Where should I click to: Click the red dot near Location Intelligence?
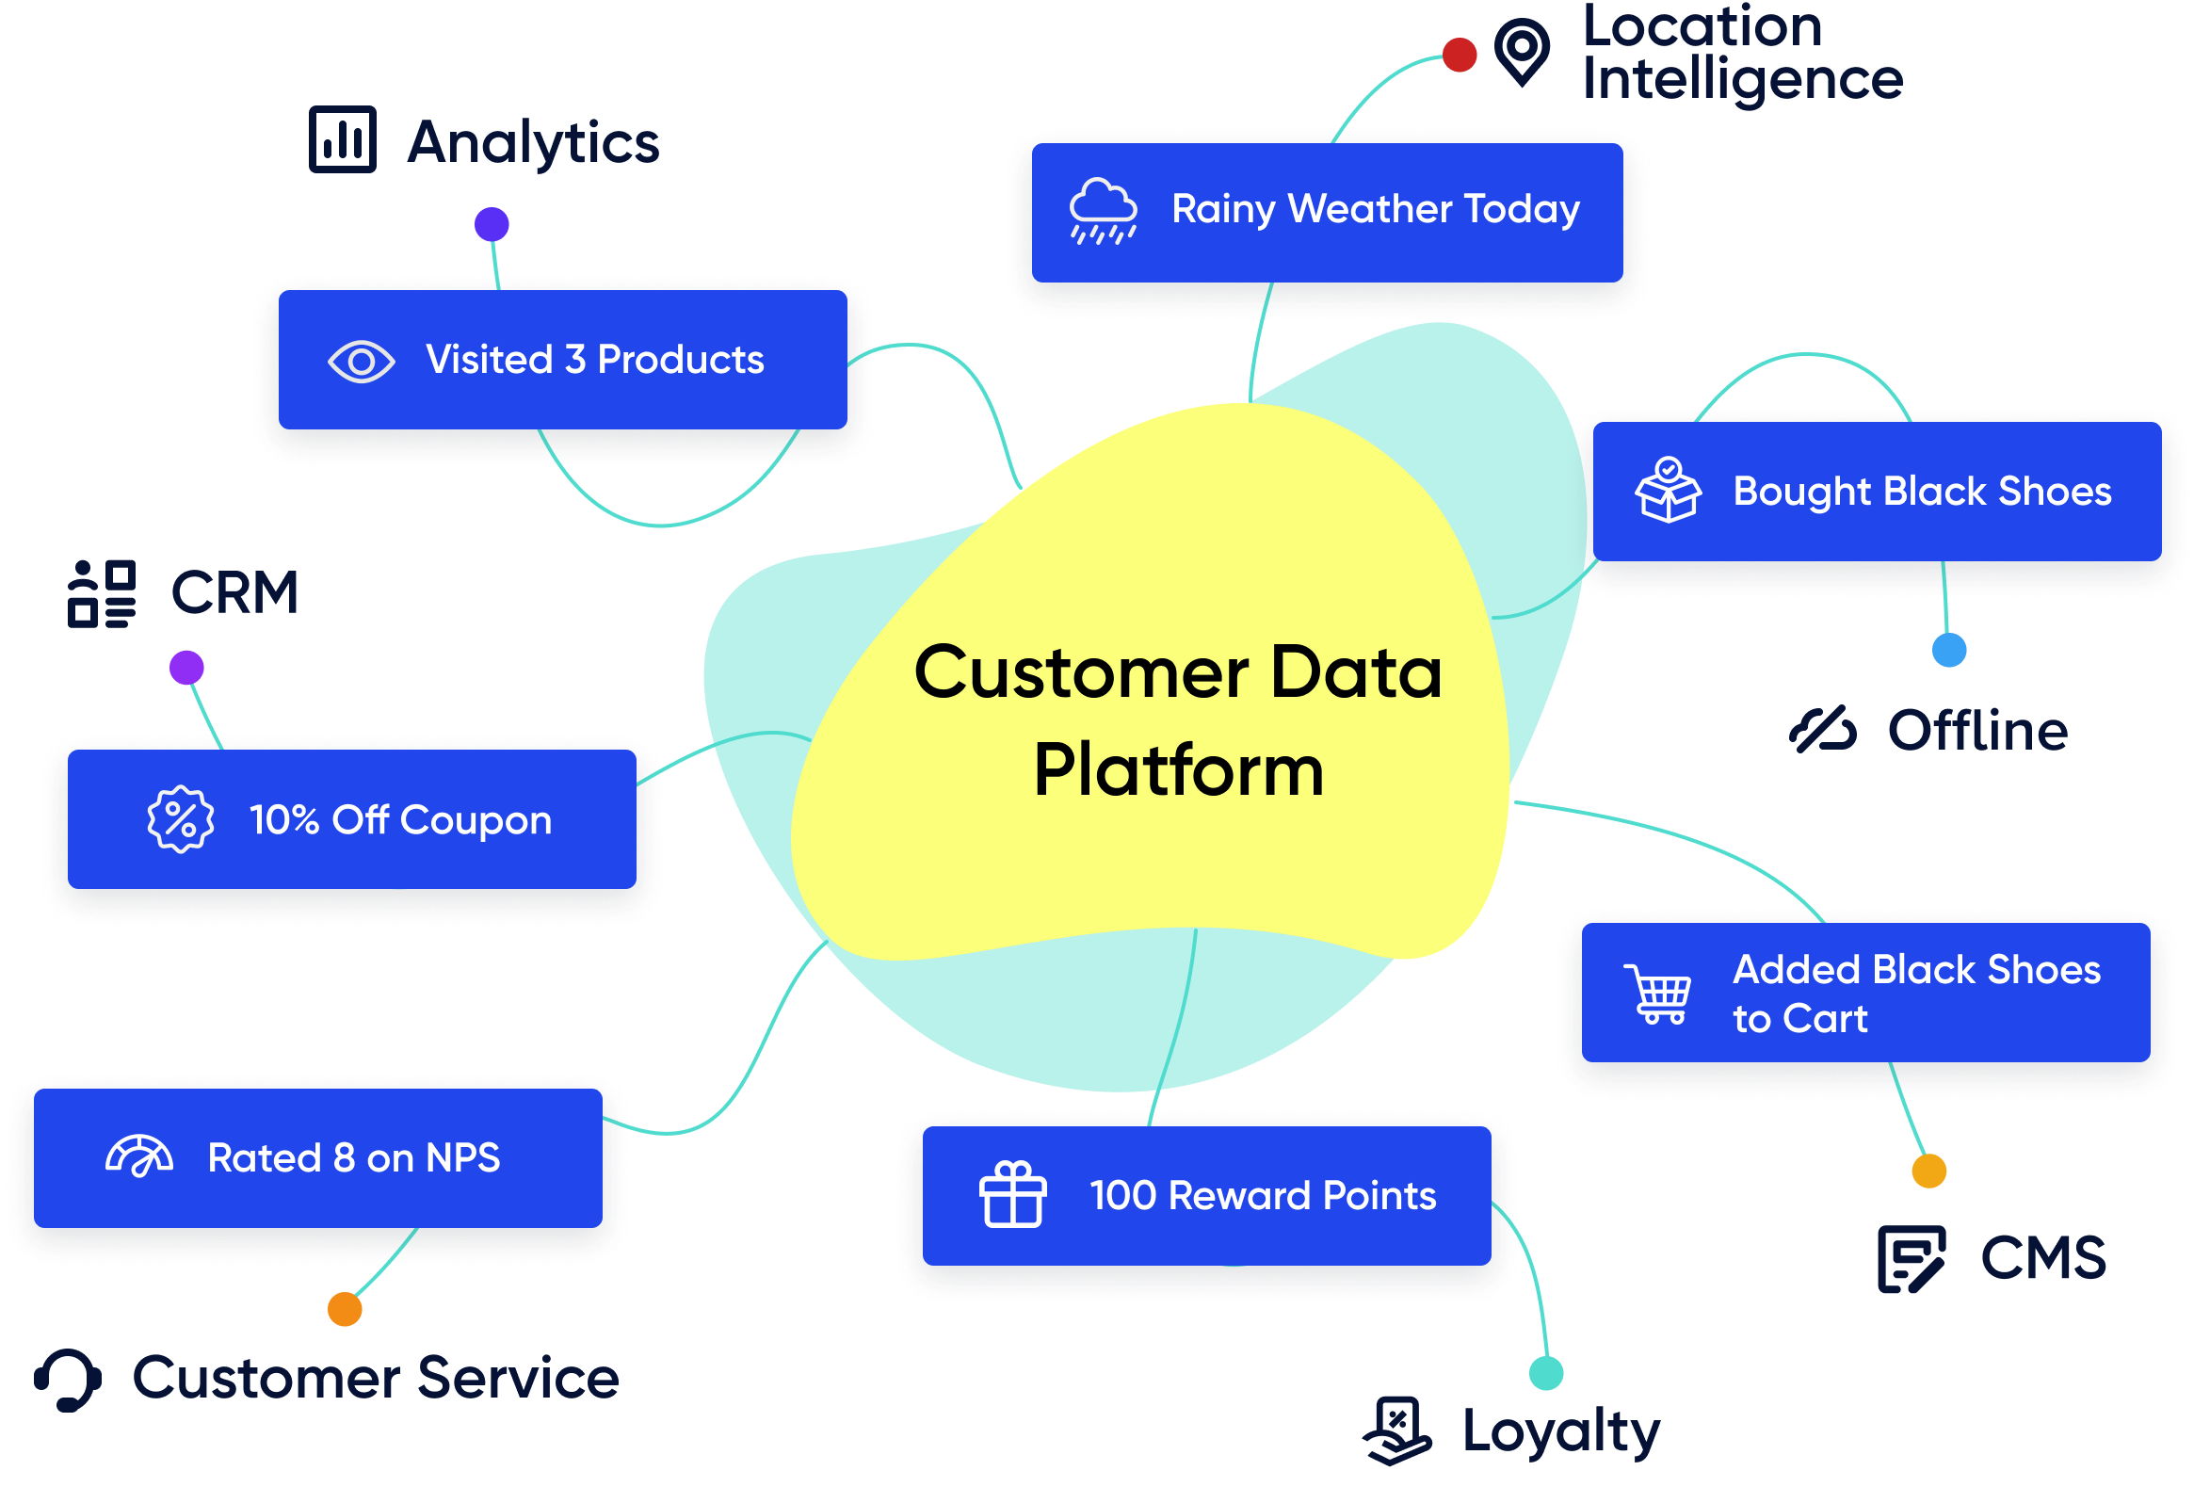point(1460,55)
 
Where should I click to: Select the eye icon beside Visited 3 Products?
point(361,362)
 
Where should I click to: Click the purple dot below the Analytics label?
point(492,225)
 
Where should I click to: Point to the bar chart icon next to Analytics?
point(343,140)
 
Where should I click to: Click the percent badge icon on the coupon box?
point(180,819)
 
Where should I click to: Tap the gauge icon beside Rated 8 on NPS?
point(139,1156)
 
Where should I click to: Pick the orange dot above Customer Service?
point(345,1309)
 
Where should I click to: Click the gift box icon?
point(1013,1195)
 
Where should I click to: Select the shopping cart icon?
point(1659,994)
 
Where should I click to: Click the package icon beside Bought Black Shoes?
point(1669,490)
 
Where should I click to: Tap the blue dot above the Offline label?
point(1949,650)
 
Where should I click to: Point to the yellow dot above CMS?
point(1928,1171)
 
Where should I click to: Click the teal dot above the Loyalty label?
point(1546,1373)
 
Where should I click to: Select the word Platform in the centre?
point(1178,770)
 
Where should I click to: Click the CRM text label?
point(234,593)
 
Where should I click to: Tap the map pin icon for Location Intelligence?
point(1522,51)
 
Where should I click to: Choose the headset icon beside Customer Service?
point(68,1380)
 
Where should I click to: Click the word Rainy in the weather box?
point(1223,210)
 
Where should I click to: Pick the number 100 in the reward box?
point(1123,1196)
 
